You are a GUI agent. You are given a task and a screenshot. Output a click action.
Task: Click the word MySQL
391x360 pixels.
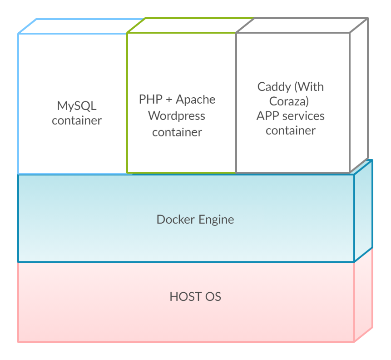click(x=77, y=106)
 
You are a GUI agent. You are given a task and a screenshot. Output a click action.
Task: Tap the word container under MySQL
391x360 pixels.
click(x=77, y=120)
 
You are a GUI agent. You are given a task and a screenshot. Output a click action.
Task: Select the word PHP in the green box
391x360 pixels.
click(x=150, y=99)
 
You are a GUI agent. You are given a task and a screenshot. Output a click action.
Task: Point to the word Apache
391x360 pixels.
click(x=195, y=99)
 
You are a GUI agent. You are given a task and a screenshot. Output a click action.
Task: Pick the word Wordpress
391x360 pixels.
click(x=177, y=116)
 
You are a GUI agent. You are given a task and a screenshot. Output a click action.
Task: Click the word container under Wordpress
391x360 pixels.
click(x=177, y=132)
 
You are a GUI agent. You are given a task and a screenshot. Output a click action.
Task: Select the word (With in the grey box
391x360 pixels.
click(x=308, y=86)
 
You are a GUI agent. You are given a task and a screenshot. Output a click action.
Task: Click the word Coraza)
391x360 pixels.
click(x=289, y=101)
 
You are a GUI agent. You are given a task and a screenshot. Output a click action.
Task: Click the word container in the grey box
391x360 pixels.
click(x=290, y=130)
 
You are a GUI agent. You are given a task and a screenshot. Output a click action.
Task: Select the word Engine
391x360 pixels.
click(x=216, y=220)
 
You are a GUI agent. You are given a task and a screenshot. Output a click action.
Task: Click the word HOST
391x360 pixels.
click(x=183, y=297)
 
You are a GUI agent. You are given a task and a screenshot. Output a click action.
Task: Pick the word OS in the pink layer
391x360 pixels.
click(x=212, y=297)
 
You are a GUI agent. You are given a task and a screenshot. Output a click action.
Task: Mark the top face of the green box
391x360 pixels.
click(x=190, y=25)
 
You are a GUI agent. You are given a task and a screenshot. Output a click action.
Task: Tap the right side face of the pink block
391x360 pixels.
click(x=363, y=295)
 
